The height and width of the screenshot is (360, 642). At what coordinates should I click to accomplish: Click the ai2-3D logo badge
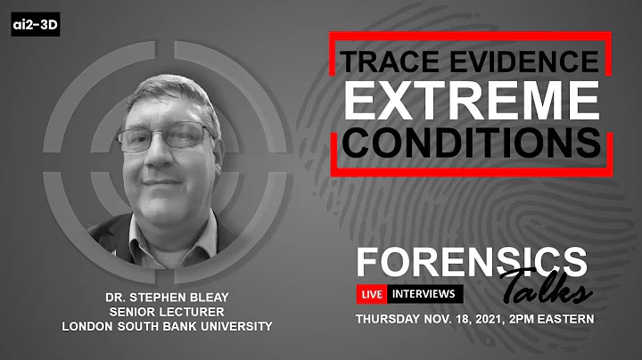coord(36,26)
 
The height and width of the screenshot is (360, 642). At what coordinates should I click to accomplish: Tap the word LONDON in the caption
coord(88,326)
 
